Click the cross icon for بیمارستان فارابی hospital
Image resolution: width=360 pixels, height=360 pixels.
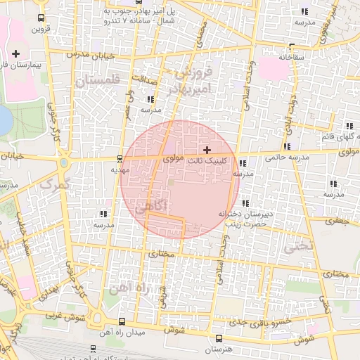tap(15, 53)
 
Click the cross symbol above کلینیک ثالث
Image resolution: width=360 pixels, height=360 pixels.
tap(207, 150)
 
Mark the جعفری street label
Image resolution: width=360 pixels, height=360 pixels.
tap(336, 221)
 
